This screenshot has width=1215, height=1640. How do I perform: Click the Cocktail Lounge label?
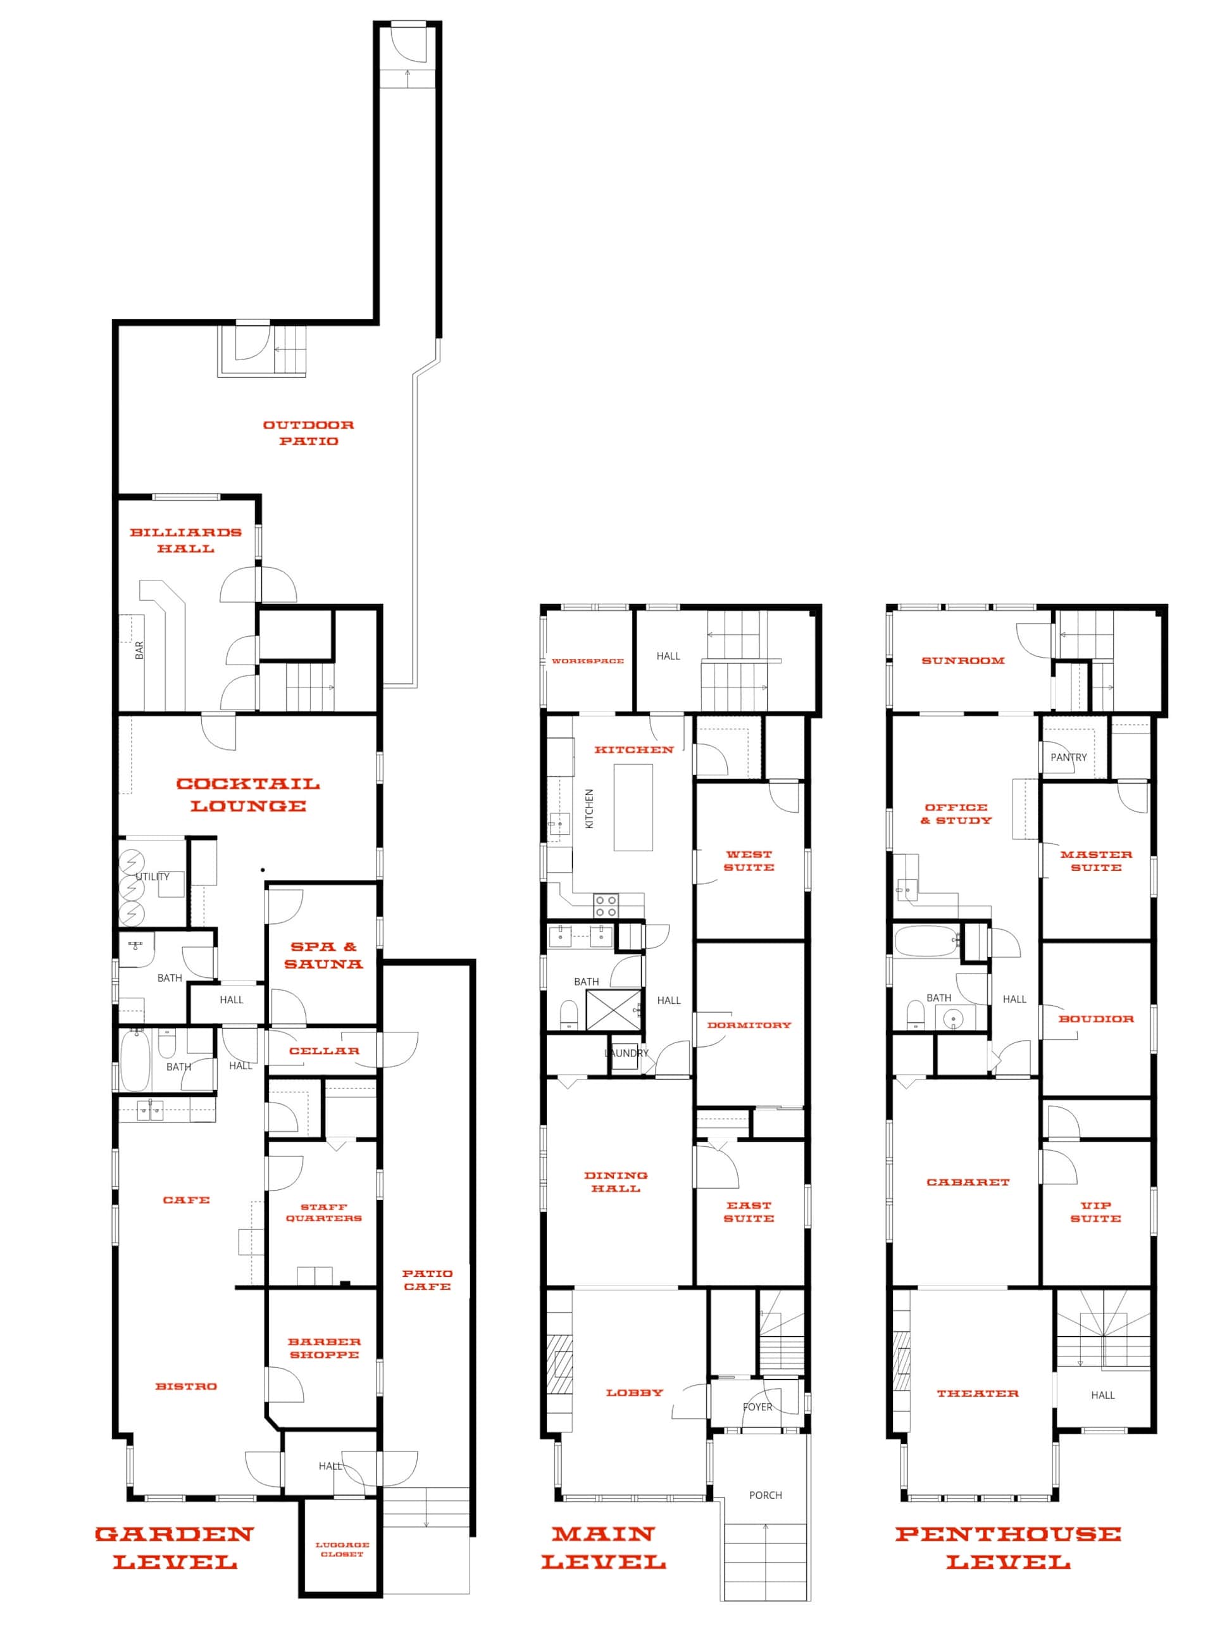pyautogui.click(x=249, y=794)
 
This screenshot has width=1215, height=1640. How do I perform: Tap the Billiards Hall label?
pyautogui.click(x=186, y=540)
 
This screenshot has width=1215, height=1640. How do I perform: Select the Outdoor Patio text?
pyautogui.click(x=309, y=432)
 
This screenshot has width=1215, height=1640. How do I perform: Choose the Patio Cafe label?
pyautogui.click(x=427, y=1280)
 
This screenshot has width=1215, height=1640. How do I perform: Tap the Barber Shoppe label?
pyautogui.click(x=325, y=1348)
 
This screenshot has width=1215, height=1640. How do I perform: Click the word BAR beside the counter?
pyautogui.click(x=140, y=650)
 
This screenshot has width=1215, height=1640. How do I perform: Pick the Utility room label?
pyautogui.click(x=153, y=877)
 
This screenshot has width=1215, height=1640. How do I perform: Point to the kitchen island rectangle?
pyautogui.click(x=633, y=808)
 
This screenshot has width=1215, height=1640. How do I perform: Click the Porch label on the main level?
pyautogui.click(x=766, y=1495)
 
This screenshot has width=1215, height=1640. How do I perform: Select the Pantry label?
pyautogui.click(x=1069, y=757)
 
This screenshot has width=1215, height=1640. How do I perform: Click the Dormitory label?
pyautogui.click(x=749, y=1025)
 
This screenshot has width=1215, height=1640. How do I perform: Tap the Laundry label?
pyautogui.click(x=626, y=1053)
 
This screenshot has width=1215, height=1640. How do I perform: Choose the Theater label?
pyautogui.click(x=978, y=1393)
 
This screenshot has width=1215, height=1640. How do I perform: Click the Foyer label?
pyautogui.click(x=757, y=1407)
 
